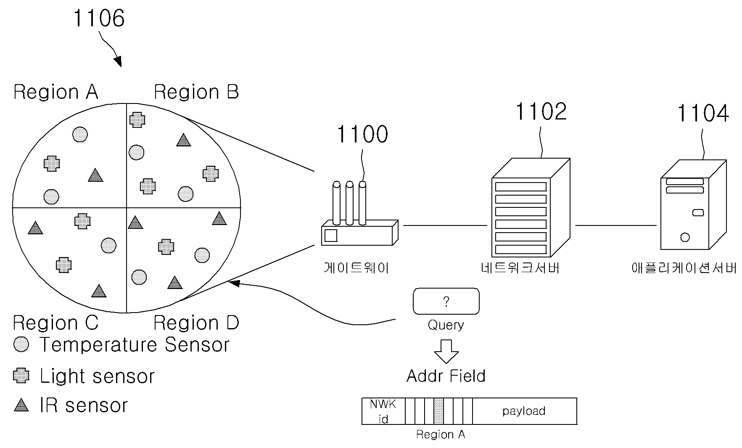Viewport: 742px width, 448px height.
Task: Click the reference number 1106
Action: [99, 19]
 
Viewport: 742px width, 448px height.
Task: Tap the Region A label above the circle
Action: [56, 92]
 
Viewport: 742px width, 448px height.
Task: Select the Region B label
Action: [196, 92]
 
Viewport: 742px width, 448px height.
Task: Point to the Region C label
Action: [55, 323]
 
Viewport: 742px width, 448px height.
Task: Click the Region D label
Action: [196, 323]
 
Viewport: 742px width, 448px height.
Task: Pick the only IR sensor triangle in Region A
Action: [95, 175]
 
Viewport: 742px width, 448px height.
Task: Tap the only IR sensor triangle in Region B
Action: [183, 140]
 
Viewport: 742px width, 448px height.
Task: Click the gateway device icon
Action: [359, 214]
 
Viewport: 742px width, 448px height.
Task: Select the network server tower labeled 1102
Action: [531, 207]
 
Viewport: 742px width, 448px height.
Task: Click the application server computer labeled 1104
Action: [693, 205]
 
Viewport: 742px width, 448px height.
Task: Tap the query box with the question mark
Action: [446, 301]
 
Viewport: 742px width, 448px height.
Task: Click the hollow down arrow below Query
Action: [446, 352]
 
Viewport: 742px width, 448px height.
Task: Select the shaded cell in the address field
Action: [438, 411]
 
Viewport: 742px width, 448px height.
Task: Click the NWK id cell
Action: [383, 411]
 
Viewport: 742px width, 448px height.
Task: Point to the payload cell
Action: [524, 411]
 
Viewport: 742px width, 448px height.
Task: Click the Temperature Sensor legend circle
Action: [21, 345]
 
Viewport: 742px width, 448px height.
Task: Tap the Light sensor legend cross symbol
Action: [21, 376]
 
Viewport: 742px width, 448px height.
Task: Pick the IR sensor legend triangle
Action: [21, 405]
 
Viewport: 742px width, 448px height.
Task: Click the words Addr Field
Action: [446, 376]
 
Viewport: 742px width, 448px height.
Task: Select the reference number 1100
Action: [362, 134]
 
